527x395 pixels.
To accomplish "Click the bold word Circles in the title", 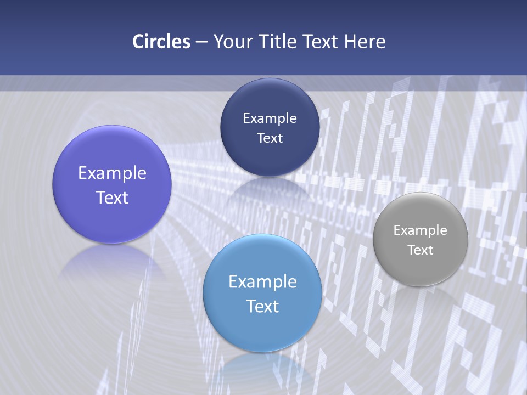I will [x=161, y=42].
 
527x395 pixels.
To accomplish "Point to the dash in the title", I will [x=201, y=42].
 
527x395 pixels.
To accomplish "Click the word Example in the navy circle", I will [x=270, y=119].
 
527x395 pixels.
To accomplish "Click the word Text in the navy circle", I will [x=270, y=138].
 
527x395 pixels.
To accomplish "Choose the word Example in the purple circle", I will [x=112, y=173].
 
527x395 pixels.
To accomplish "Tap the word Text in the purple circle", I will [x=112, y=198].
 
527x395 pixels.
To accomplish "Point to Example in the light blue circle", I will [x=262, y=282].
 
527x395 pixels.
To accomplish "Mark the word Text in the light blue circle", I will [x=262, y=306].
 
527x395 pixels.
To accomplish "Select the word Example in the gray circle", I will [x=420, y=230].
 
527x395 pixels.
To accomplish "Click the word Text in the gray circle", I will [x=420, y=250].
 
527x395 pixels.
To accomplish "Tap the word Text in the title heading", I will [x=320, y=42].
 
